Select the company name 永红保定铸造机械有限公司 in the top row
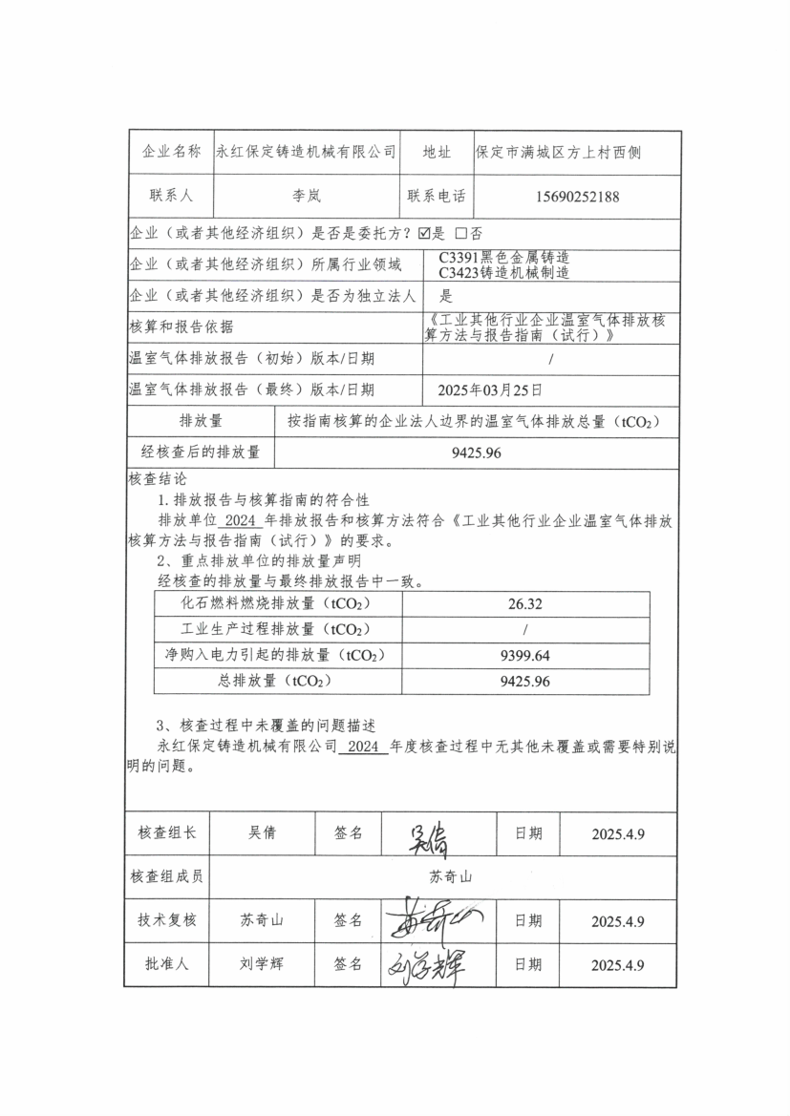[306, 152]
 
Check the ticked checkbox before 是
[425, 233]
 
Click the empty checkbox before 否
[461, 233]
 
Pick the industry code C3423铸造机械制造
[503, 272]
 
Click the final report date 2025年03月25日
[490, 390]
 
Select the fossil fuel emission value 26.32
[525, 604]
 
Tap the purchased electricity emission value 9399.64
[525, 656]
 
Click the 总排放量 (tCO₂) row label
[278, 682]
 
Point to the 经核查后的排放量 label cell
[201, 453]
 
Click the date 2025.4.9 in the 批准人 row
[618, 965]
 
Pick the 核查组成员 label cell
[168, 876]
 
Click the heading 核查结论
[158, 479]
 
